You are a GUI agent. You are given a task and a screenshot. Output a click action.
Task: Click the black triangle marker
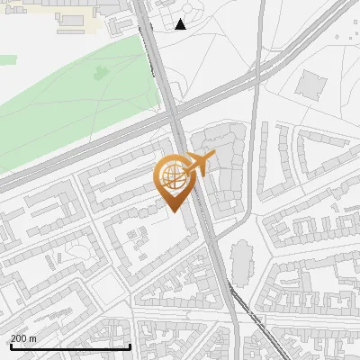pyautogui.click(x=182, y=24)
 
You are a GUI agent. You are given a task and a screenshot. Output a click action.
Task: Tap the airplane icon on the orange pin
pyautogui.click(x=199, y=164)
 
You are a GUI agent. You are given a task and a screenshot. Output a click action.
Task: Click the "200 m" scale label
pyautogui.click(x=23, y=338)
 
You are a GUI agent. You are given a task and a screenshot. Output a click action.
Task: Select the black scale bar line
pyautogui.click(x=70, y=346)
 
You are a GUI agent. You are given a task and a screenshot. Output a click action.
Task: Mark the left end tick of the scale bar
pyautogui.click(x=10, y=346)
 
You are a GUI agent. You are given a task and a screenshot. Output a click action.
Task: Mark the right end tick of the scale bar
pyautogui.click(x=130, y=346)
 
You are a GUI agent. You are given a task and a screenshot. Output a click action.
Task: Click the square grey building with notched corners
pyautogui.click(x=312, y=85)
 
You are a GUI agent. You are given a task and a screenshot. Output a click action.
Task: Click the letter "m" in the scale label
pyautogui.click(x=33, y=338)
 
